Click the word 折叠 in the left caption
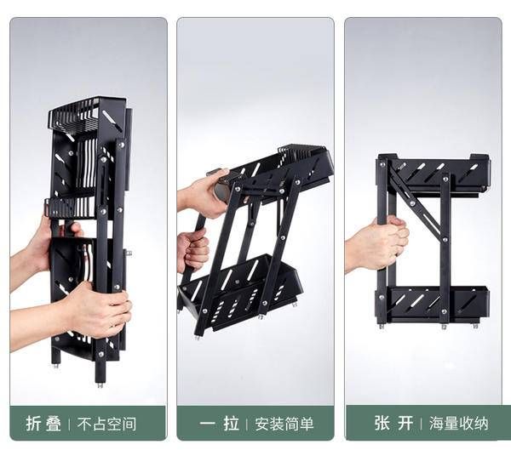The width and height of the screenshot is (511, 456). [43, 424]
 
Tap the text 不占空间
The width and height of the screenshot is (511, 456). [106, 425]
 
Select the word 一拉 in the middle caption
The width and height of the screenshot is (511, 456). [220, 424]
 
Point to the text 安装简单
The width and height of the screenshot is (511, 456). [284, 425]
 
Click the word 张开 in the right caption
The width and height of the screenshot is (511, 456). [393, 423]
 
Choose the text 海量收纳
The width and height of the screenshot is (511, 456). [458, 424]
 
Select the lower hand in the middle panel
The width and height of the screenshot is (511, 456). [192, 249]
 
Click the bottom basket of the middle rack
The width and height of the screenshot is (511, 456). [241, 293]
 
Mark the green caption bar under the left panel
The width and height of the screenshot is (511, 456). [88, 423]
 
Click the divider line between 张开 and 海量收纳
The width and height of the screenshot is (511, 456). [421, 424]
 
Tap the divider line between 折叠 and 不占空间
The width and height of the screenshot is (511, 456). [70, 425]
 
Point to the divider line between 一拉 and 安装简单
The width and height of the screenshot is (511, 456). [247, 425]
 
